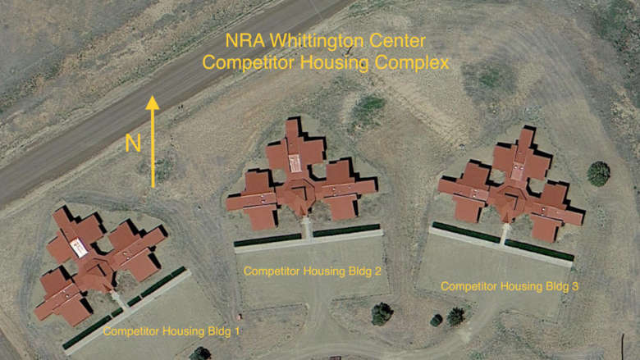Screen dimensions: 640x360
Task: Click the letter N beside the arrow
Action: (x=133, y=144)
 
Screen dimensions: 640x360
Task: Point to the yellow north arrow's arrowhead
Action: (x=153, y=103)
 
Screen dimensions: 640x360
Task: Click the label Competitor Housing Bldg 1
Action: (x=171, y=331)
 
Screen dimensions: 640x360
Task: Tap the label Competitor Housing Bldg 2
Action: (x=313, y=271)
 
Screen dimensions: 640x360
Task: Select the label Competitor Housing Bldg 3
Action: (x=510, y=286)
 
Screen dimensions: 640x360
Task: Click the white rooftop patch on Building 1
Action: (x=79, y=248)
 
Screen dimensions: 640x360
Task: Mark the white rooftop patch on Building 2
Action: (x=295, y=163)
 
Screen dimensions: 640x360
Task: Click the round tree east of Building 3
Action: (x=598, y=174)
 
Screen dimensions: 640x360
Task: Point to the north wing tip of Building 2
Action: (x=292, y=121)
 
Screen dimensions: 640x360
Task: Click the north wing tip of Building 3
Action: (x=527, y=131)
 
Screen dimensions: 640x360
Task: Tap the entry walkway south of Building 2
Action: (x=308, y=228)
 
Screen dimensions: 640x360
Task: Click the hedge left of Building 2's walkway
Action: (x=267, y=239)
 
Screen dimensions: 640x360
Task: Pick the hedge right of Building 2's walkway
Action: (x=346, y=230)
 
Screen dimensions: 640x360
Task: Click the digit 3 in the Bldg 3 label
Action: (x=574, y=286)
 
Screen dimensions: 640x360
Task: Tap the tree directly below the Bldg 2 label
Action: (x=382, y=314)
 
